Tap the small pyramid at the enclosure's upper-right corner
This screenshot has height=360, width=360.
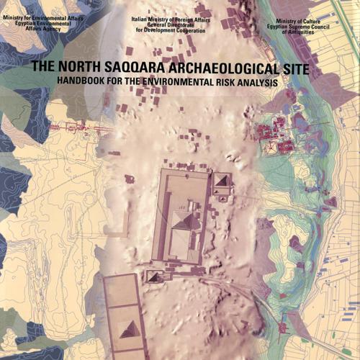222,180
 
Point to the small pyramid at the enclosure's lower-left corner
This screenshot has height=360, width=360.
154,276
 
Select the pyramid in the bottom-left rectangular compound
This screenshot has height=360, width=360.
132,330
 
